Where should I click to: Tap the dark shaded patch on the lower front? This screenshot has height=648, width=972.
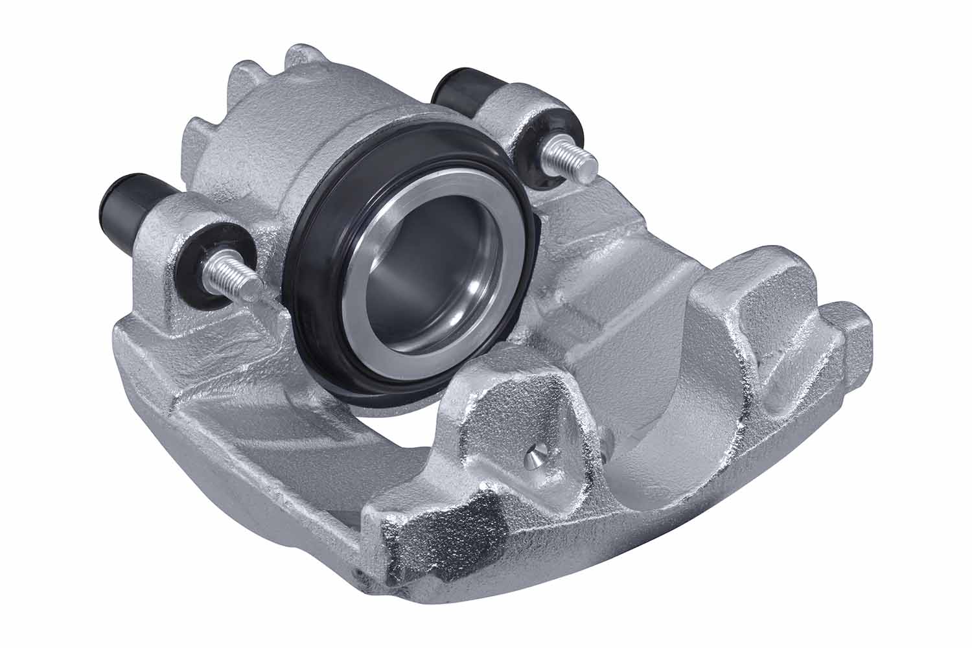point(447,525)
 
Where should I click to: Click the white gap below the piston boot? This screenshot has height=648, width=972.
point(415,428)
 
